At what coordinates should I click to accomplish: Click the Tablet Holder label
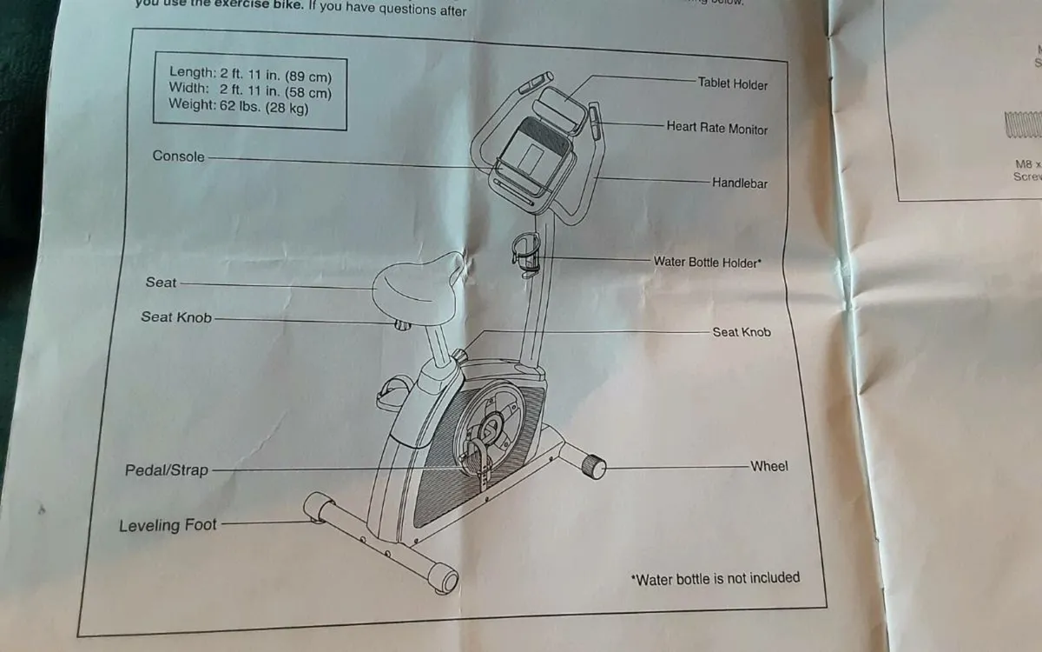pyautogui.click(x=732, y=83)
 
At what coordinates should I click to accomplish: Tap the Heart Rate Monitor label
pyautogui.click(x=716, y=128)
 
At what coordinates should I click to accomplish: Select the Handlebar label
pyautogui.click(x=739, y=183)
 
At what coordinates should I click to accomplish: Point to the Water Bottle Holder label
pyautogui.click(x=707, y=262)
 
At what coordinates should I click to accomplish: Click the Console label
pyautogui.click(x=179, y=156)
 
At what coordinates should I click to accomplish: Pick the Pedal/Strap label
pyautogui.click(x=167, y=470)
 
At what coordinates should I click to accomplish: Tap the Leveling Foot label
pyautogui.click(x=168, y=525)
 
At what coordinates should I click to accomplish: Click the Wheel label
pyautogui.click(x=768, y=466)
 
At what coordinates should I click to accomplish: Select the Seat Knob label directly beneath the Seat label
pyautogui.click(x=176, y=317)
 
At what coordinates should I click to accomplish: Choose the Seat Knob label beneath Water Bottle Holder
pyautogui.click(x=741, y=332)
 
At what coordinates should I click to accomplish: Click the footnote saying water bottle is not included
pyautogui.click(x=715, y=578)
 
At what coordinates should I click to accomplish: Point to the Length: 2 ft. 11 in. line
pyautogui.click(x=250, y=73)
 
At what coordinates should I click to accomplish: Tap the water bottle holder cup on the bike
pyautogui.click(x=526, y=249)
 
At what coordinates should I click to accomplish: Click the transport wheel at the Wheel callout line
pyautogui.click(x=593, y=466)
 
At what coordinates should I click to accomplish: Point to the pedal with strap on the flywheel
pyautogui.click(x=475, y=456)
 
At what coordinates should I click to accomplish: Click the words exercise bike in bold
pyautogui.click(x=258, y=3)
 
